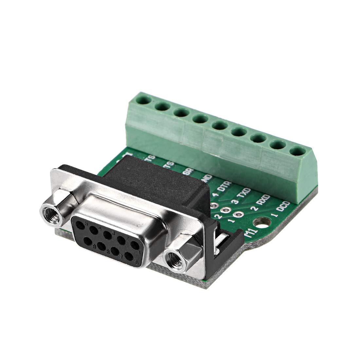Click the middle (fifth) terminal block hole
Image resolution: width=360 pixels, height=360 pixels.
click(218, 125)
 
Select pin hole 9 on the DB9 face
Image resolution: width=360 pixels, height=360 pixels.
click(88, 242)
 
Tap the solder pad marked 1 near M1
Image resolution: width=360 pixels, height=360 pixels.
click(238, 215)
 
